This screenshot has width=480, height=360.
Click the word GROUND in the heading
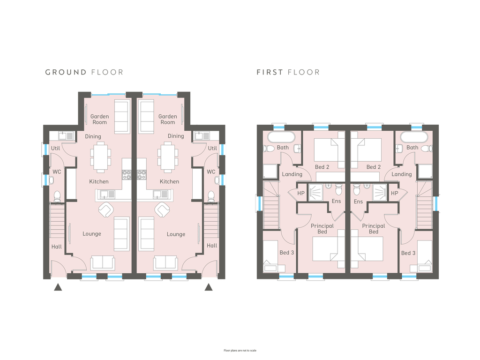(66, 72)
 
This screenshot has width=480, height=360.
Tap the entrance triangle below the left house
(58, 287)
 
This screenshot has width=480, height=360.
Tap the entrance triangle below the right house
(209, 287)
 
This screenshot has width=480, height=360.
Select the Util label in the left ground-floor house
(55, 148)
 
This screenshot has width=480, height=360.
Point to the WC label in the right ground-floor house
(211, 172)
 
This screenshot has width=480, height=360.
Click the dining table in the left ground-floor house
(100, 158)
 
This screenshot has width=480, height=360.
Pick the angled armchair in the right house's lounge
(162, 210)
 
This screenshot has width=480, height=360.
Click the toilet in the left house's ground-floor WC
(57, 196)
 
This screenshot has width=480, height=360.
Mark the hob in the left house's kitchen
(127, 175)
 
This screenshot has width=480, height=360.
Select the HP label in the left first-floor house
(301, 193)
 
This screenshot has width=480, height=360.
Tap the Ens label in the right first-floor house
(358, 202)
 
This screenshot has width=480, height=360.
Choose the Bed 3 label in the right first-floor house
(408, 253)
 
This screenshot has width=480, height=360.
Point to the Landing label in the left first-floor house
(292, 174)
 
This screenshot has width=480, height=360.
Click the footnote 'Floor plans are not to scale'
(240, 351)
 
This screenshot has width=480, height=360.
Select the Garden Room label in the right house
(168, 119)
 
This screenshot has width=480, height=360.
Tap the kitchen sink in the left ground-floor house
(107, 194)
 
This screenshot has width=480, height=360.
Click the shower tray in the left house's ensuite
(315, 192)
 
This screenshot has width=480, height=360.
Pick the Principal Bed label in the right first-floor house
(374, 229)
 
